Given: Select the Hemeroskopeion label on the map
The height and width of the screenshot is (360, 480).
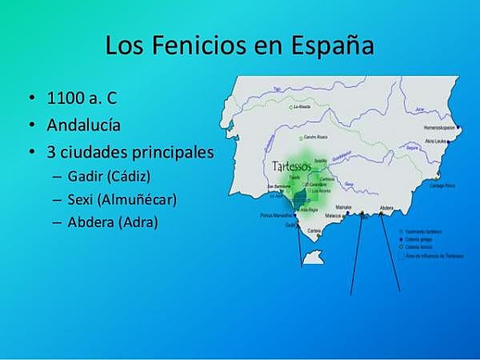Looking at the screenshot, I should tap(444, 127).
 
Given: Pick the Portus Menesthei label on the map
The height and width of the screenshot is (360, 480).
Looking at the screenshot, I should tap(273, 214).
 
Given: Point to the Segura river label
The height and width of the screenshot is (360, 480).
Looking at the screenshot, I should tap(413, 148).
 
